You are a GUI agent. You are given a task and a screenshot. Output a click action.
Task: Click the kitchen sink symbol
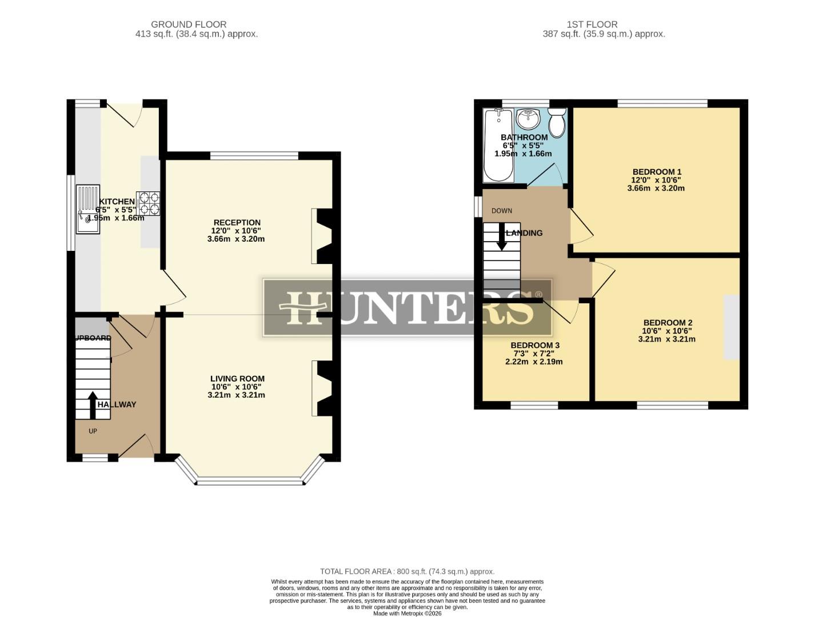88,209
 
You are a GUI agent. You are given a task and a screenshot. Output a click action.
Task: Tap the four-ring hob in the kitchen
149,203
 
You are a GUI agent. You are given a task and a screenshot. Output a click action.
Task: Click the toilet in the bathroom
557,121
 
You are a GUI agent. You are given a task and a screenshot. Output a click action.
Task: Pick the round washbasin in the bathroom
528,119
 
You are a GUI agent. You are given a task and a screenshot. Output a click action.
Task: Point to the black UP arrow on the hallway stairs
92,405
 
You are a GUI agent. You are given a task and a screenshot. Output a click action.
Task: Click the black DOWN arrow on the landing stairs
502,236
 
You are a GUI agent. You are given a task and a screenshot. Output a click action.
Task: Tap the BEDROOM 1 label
657,172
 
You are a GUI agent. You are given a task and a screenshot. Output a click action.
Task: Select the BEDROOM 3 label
534,346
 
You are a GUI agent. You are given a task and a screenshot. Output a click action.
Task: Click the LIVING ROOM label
237,379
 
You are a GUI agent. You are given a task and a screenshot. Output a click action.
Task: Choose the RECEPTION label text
237,223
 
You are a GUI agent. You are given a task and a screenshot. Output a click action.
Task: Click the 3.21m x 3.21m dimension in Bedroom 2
666,339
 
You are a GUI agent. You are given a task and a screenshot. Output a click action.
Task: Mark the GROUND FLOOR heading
189,25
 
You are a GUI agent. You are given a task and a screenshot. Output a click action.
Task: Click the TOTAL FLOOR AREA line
407,571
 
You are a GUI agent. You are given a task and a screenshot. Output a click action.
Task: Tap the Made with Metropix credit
407,614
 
